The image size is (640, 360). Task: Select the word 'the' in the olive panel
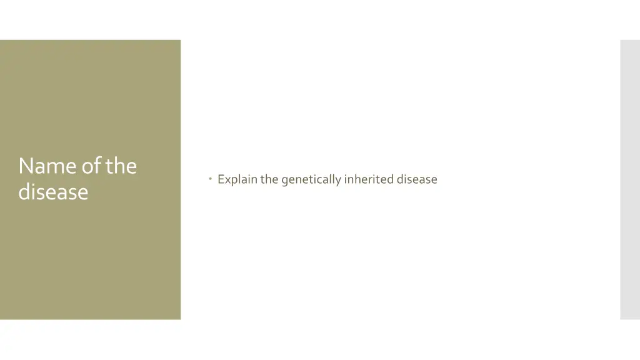(x=121, y=166)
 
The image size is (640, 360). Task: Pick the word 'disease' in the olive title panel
(x=53, y=191)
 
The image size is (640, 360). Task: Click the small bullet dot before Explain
(x=211, y=179)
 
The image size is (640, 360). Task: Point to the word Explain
(x=237, y=179)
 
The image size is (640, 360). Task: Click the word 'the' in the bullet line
(x=269, y=179)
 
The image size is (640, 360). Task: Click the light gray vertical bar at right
(x=629, y=180)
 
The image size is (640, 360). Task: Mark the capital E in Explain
(x=221, y=179)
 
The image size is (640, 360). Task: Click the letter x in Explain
(x=227, y=180)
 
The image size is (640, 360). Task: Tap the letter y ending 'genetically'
(x=338, y=181)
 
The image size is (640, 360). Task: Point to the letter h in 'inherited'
(x=357, y=179)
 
